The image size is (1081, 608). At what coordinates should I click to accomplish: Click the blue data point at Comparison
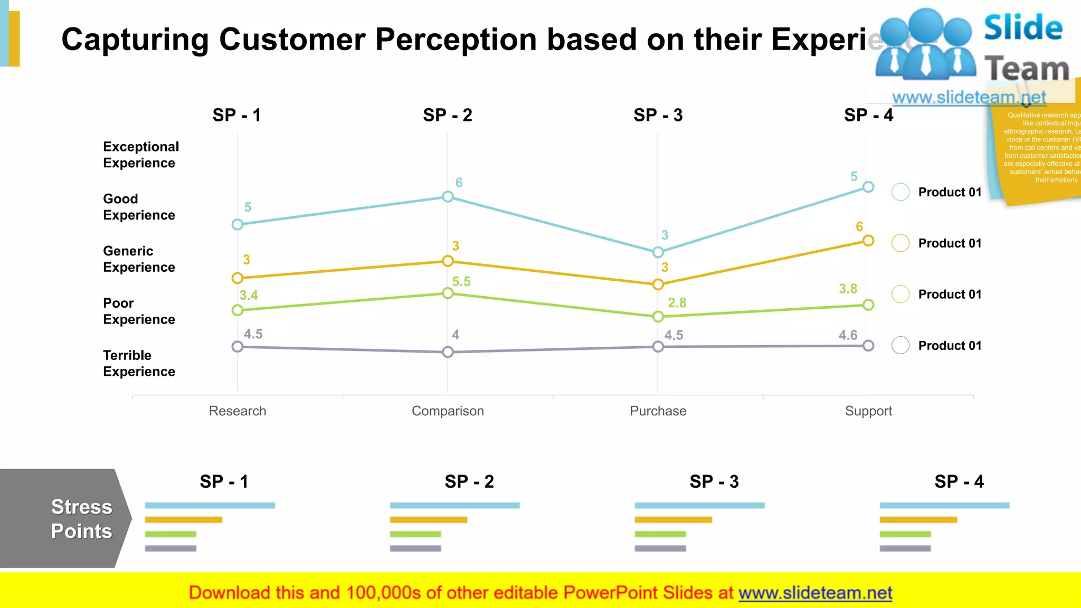coord(448,197)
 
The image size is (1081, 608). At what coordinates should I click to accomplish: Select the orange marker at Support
coord(868,241)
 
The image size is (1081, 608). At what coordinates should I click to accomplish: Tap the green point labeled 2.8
coord(658,317)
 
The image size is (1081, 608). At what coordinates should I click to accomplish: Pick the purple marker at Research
coord(238,347)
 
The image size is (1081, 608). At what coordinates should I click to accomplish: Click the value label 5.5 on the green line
coord(461,282)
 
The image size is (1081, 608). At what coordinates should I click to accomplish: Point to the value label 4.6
coord(848,335)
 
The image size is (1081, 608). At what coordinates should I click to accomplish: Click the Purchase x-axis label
coord(658,411)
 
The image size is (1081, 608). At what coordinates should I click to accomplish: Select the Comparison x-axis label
coord(448,411)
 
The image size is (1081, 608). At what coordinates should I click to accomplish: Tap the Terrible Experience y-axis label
coord(139,363)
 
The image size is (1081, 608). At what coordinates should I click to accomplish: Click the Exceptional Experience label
coord(140,155)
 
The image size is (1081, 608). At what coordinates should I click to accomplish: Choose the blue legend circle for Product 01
coord(900,192)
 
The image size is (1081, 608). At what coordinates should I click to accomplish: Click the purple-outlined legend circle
coord(900,346)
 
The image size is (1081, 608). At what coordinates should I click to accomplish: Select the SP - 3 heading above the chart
coord(658,115)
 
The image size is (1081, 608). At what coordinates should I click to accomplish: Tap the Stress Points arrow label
coord(81,519)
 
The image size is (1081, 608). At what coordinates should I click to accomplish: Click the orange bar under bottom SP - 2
coord(428,520)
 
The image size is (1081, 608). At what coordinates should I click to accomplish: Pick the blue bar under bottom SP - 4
coord(944,506)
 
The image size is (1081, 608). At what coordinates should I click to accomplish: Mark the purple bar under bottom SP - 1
coord(170,548)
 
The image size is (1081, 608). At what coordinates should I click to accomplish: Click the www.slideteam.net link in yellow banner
coord(815,593)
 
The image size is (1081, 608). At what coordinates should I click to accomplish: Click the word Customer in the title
coord(292,40)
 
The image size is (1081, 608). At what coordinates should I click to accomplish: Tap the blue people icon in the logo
coord(925,45)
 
